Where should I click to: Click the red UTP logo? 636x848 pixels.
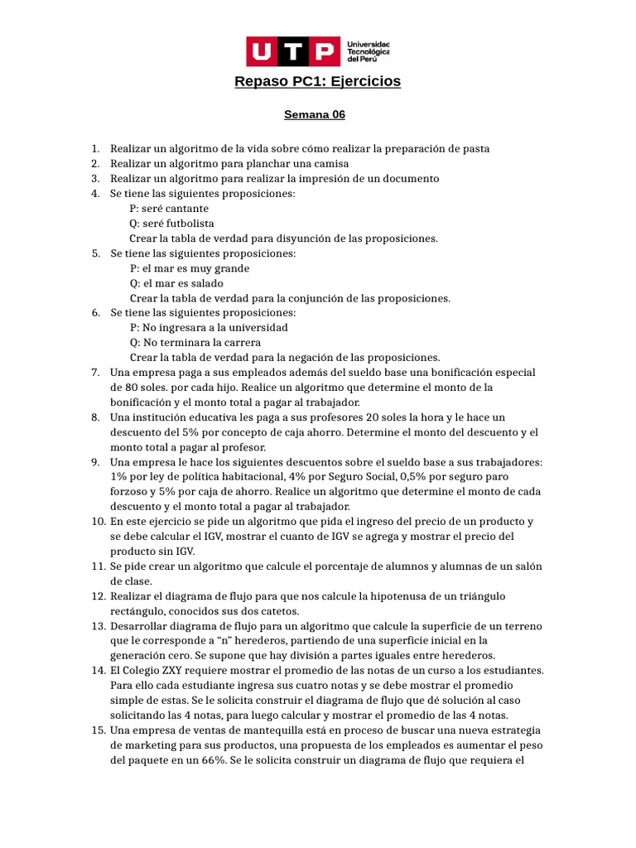click(293, 51)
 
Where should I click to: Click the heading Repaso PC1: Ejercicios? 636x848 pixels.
click(318, 81)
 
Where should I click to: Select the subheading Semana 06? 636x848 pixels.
click(315, 115)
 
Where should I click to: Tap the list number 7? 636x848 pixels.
click(95, 373)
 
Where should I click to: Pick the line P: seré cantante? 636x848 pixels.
click(169, 209)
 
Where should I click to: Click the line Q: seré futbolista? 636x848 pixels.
click(171, 224)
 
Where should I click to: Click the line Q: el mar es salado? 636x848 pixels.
click(176, 283)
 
